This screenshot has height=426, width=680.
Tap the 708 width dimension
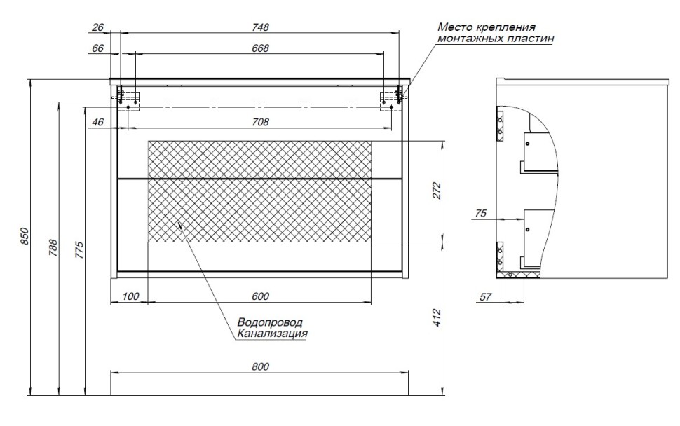point(261,123)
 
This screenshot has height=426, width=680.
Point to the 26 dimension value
point(97,27)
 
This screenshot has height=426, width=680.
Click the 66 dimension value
point(97,48)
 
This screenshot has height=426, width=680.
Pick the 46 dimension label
point(97,123)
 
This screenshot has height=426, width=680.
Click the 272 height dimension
point(437,191)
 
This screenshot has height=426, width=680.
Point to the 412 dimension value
point(437,318)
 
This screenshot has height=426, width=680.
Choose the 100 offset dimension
point(130,297)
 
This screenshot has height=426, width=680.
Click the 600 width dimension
point(260,297)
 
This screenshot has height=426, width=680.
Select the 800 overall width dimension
point(260,366)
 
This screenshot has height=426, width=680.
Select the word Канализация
point(272,334)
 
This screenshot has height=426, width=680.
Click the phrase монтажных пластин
point(495,39)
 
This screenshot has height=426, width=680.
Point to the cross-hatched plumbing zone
point(259,191)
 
